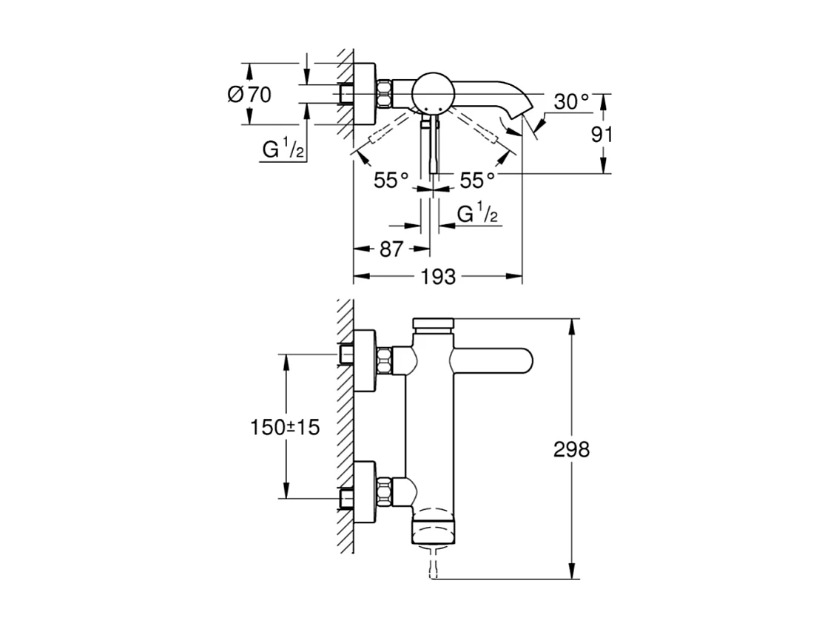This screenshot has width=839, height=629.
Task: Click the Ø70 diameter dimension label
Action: coord(250,95)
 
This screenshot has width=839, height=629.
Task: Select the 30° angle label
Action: coord(571,102)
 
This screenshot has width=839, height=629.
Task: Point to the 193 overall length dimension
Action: coord(438,277)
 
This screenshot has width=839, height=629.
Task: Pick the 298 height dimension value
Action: coord(572,449)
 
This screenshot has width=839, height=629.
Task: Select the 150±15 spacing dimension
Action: coord(285,427)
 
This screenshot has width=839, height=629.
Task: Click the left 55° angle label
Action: coord(391,181)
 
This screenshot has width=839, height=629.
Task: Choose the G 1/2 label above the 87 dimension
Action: coord(477,215)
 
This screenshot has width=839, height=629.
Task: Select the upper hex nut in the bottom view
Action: coord(384,361)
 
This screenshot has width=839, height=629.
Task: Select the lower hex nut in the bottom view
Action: coord(384,491)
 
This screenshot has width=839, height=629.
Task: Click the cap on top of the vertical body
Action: coord(434,325)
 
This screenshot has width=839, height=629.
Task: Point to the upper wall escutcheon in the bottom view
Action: coord(365,360)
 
